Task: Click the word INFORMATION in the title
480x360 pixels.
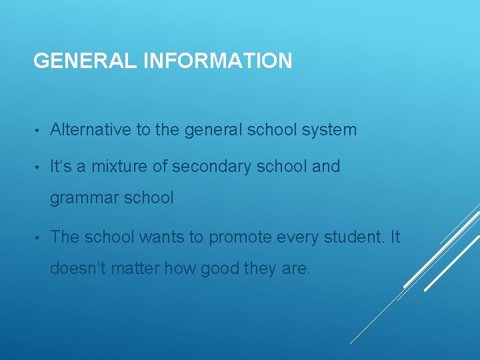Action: (x=217, y=61)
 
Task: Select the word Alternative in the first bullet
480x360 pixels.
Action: (x=91, y=129)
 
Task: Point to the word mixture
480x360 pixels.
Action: (x=119, y=166)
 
